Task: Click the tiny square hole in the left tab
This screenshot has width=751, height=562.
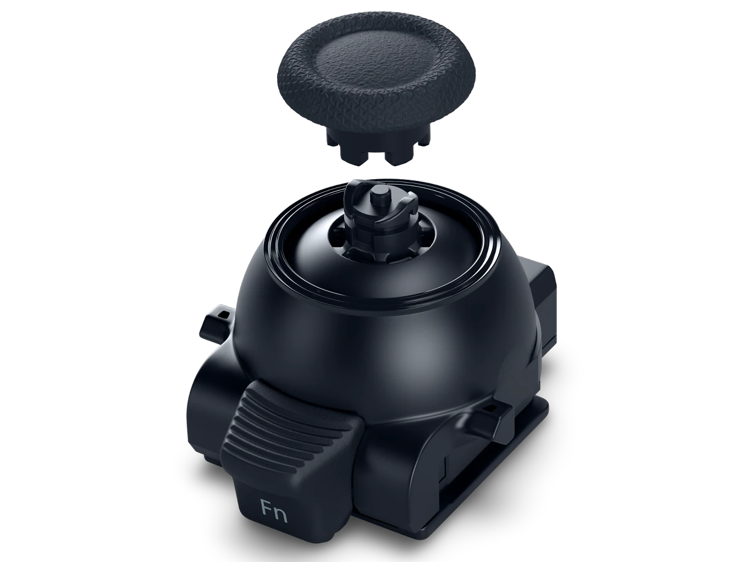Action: [224, 313]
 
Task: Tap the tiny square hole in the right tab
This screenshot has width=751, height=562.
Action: [490, 407]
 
